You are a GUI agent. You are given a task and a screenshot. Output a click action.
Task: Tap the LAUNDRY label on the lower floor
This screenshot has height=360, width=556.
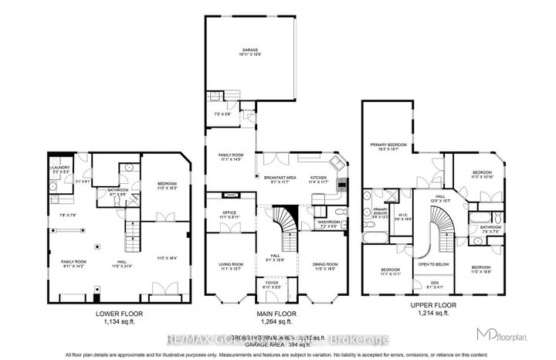click(x=63, y=167)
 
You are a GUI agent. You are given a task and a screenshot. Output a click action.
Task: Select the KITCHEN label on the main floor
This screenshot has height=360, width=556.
click(x=319, y=177)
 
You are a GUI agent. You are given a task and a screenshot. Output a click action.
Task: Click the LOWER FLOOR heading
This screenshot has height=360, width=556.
click(x=100, y=314)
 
